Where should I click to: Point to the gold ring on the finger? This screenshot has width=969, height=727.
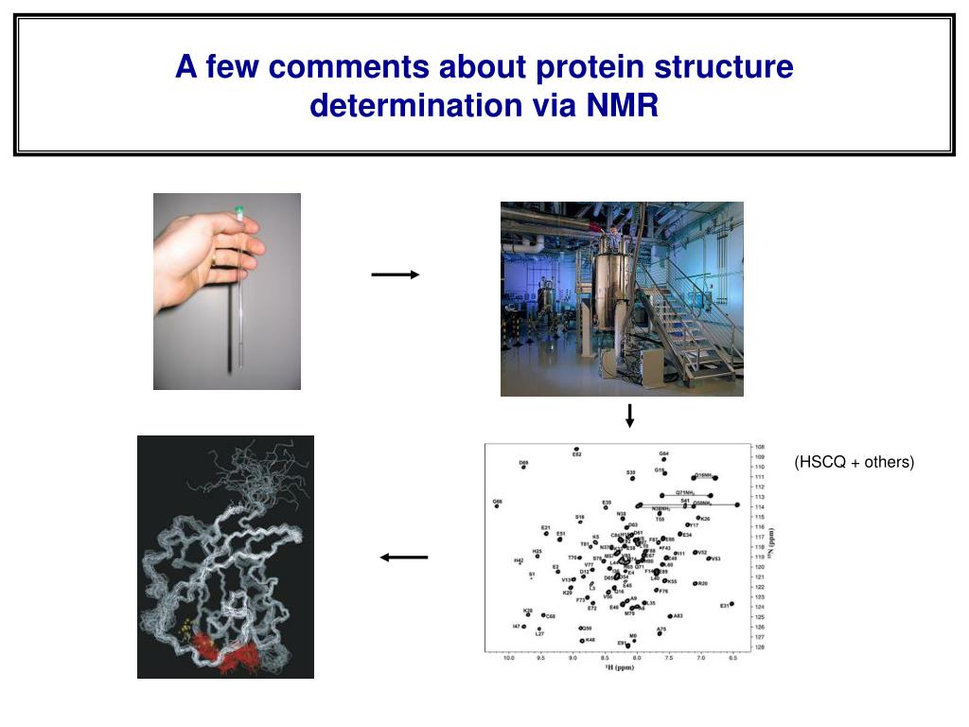pyautogui.click(x=215, y=257)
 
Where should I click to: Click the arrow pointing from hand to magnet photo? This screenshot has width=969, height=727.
pyautogui.click(x=396, y=275)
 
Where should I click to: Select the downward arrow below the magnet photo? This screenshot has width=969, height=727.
pyautogui.click(x=629, y=416)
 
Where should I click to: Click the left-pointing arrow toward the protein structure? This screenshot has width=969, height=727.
pyautogui.click(x=404, y=558)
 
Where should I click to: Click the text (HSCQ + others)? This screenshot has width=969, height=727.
pyautogui.click(x=854, y=462)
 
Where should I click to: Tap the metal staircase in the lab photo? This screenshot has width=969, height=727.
pyautogui.click(x=696, y=322)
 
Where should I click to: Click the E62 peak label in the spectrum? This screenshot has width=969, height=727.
pyautogui.click(x=576, y=455)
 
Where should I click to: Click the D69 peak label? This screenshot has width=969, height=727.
pyautogui.click(x=523, y=464)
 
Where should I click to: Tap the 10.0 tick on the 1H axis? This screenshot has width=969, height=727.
pyautogui.click(x=508, y=657)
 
